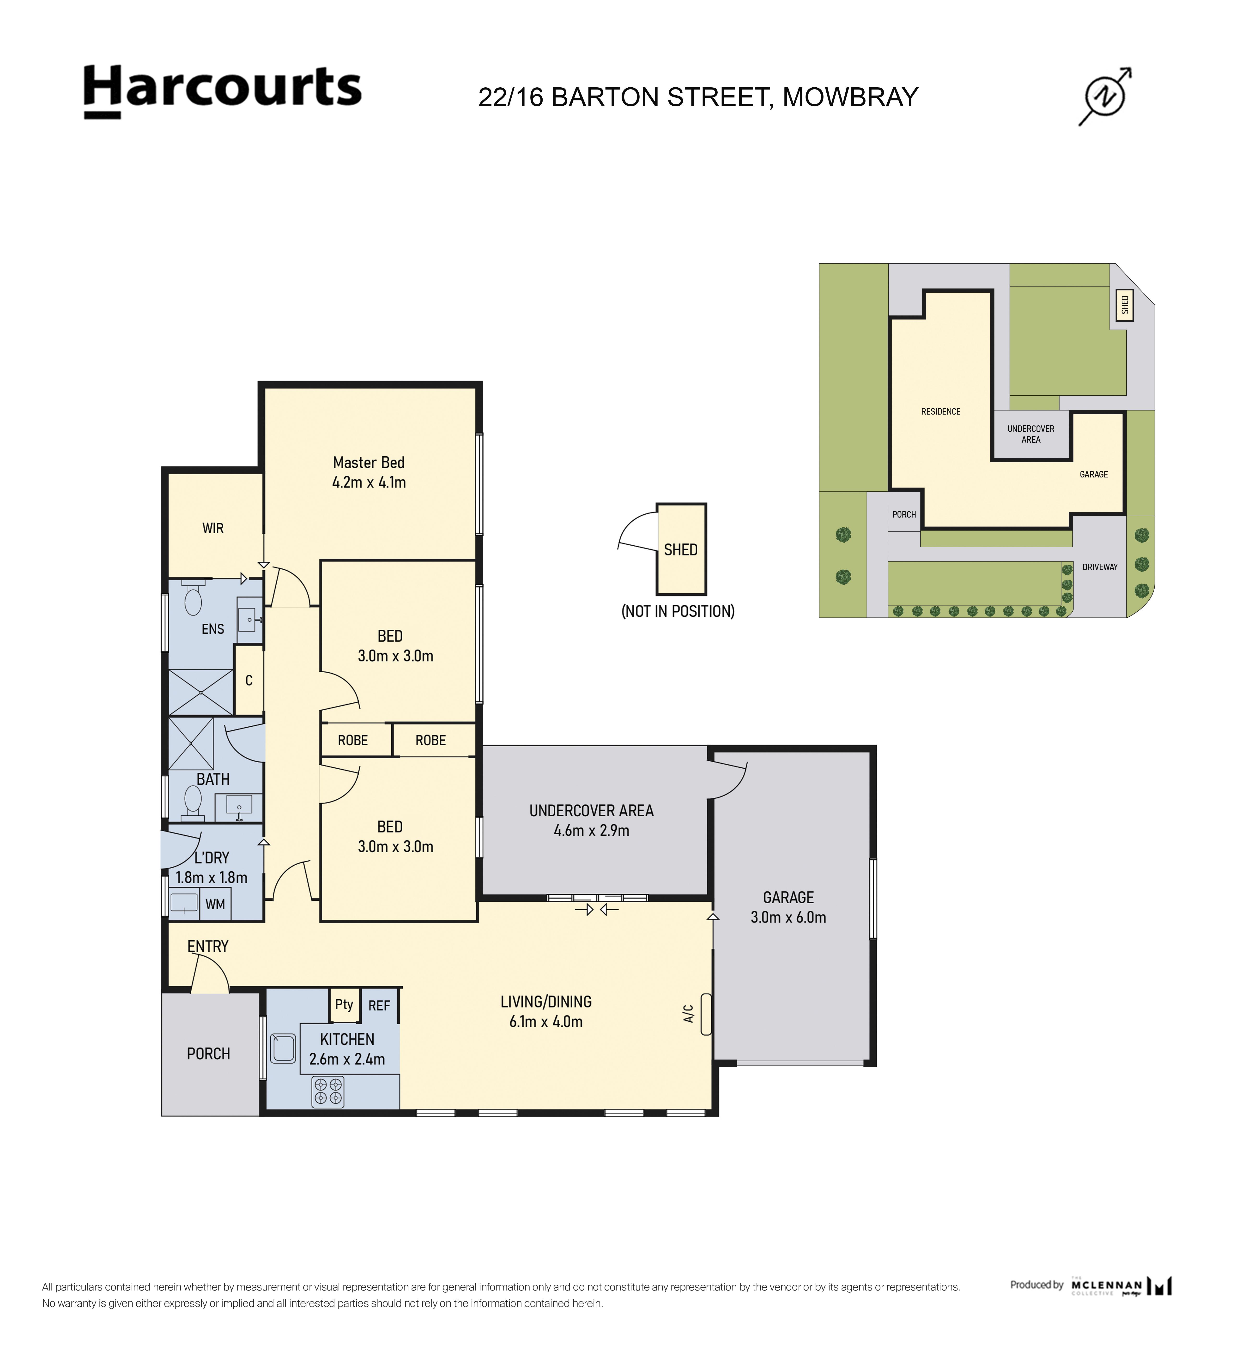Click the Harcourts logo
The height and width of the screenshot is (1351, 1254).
pyautogui.click(x=223, y=92)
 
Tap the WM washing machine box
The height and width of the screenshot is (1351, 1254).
pyautogui.click(x=215, y=905)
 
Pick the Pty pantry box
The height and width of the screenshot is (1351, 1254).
pyautogui.click(x=344, y=1004)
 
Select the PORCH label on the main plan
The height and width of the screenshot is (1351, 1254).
pyautogui.click(x=208, y=1054)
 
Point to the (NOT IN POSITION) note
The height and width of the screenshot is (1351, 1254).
pyautogui.click(x=678, y=611)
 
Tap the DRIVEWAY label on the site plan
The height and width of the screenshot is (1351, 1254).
pyautogui.click(x=1100, y=567)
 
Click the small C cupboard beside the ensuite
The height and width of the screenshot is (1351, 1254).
pyautogui.click(x=249, y=680)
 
